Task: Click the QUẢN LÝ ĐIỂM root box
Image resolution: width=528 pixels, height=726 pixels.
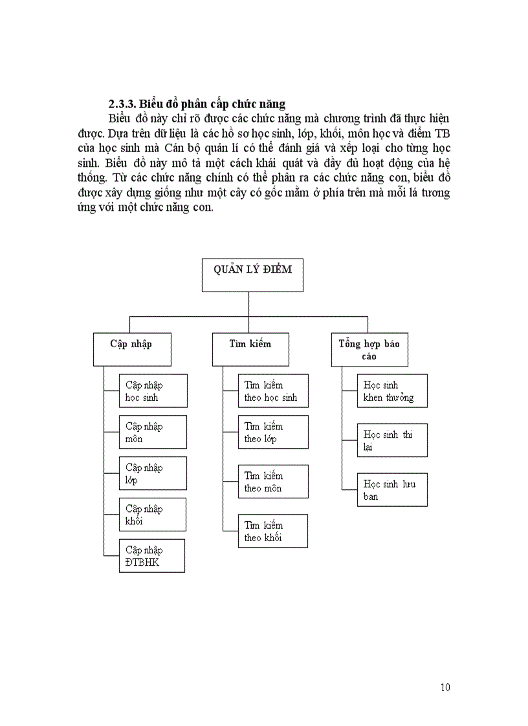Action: click(253, 274)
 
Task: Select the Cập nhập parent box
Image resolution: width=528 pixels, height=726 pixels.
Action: click(131, 350)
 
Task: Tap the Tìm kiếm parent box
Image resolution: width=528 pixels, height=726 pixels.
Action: click(250, 350)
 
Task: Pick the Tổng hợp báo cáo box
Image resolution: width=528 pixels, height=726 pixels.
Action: click(369, 350)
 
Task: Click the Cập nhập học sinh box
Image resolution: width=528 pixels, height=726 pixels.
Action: click(153, 390)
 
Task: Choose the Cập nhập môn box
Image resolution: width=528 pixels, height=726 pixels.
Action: click(153, 432)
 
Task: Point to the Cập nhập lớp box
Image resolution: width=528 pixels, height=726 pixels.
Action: click(153, 473)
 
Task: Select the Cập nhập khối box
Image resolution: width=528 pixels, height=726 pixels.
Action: click(153, 515)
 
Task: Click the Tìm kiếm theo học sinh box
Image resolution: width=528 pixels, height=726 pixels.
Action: click(273, 390)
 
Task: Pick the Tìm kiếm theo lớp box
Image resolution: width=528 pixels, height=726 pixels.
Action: click(273, 432)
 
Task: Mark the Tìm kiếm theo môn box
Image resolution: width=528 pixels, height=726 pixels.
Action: click(273, 482)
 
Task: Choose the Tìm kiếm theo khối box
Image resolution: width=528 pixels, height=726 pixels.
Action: click(273, 531)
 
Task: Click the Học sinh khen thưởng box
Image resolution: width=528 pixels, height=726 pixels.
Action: click(392, 390)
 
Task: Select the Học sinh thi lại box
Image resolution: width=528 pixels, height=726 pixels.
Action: click(392, 440)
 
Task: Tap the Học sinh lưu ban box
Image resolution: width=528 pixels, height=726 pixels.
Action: click(392, 489)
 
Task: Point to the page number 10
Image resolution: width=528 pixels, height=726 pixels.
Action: click(445, 687)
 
